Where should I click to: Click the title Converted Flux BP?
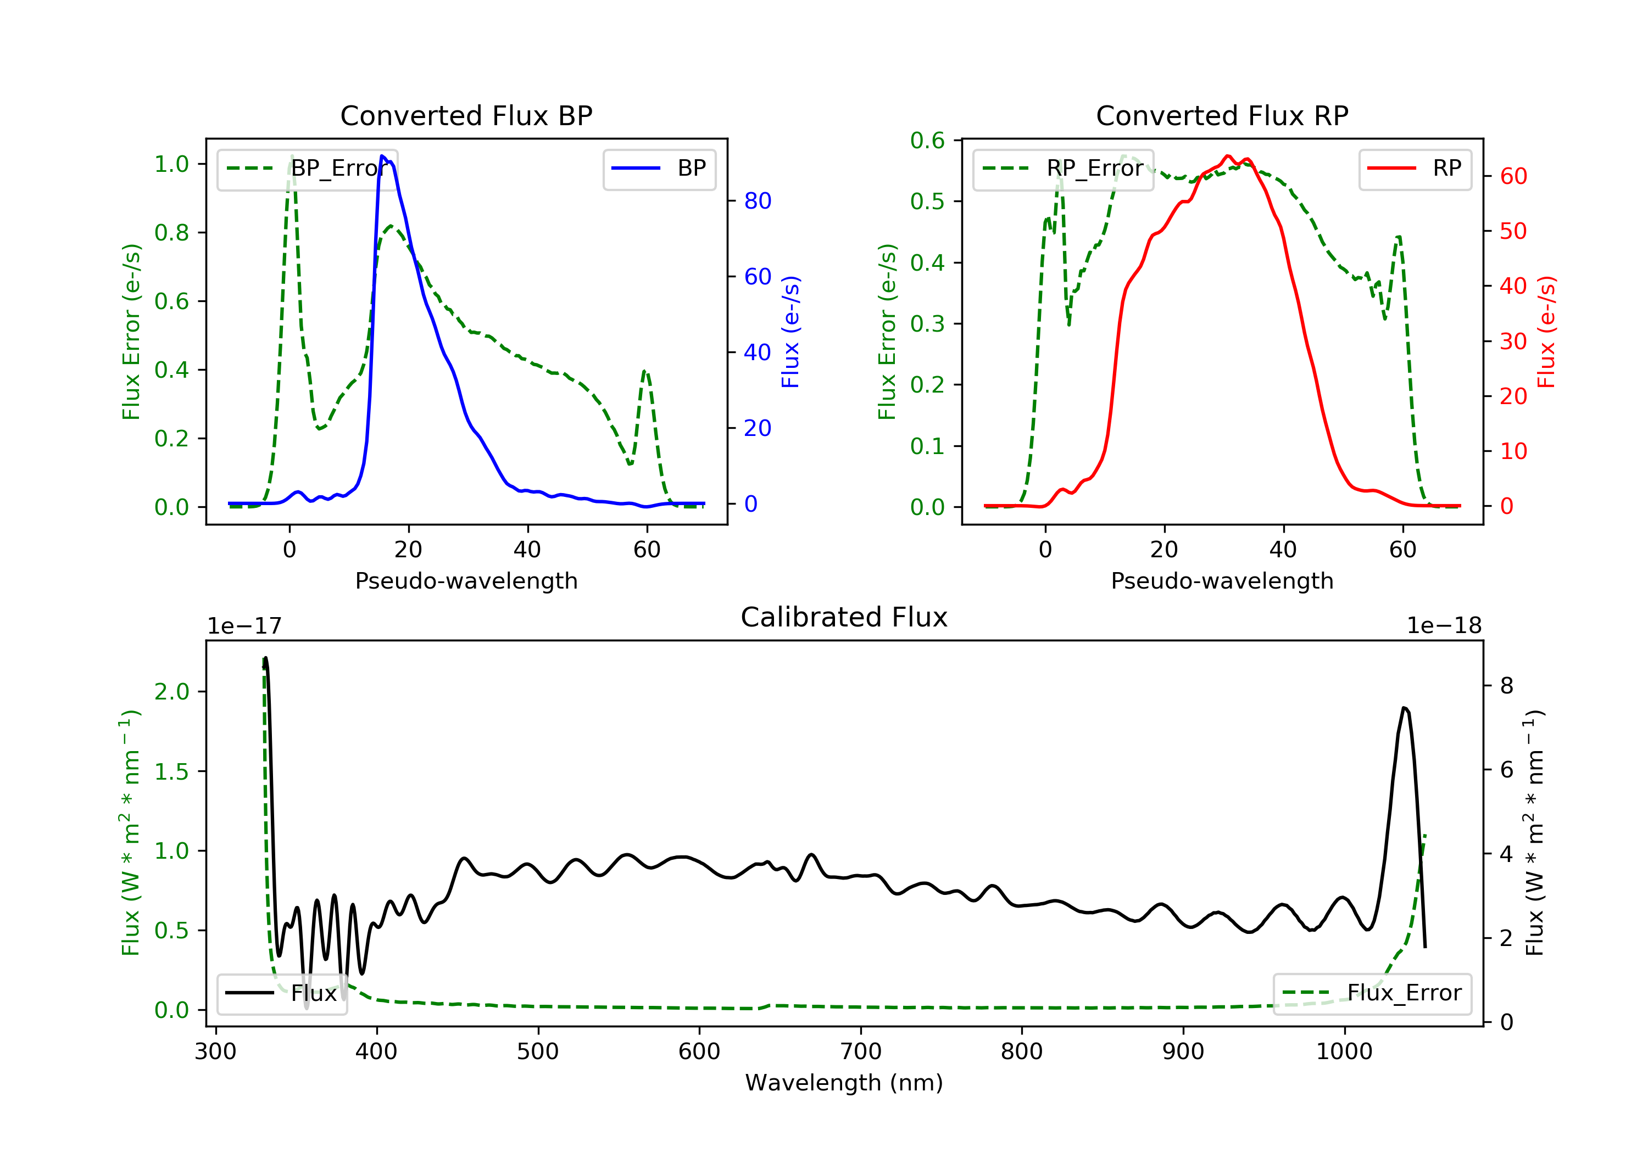(x=466, y=115)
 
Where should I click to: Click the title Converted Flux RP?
(x=1222, y=115)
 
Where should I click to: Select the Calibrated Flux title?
(x=844, y=617)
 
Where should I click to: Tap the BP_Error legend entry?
(x=307, y=169)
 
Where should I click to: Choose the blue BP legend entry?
(x=659, y=169)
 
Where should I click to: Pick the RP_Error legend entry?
(x=1063, y=169)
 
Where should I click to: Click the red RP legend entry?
(x=1415, y=169)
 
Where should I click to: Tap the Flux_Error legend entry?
(x=1372, y=993)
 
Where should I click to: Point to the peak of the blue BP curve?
(x=382, y=156)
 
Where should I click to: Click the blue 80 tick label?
(x=757, y=201)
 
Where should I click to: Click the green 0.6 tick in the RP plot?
(x=927, y=141)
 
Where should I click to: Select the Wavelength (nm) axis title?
(x=844, y=1083)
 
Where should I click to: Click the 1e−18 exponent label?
(x=1444, y=626)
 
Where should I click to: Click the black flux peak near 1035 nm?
(x=1404, y=708)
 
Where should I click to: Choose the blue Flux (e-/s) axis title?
(x=790, y=332)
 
